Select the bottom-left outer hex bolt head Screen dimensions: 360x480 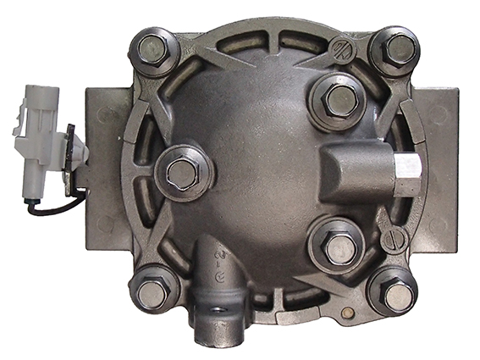tap(153, 293)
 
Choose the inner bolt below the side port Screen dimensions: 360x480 tap(340, 246)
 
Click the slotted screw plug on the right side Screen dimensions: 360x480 tap(394, 239)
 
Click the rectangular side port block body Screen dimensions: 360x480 tap(356, 169)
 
